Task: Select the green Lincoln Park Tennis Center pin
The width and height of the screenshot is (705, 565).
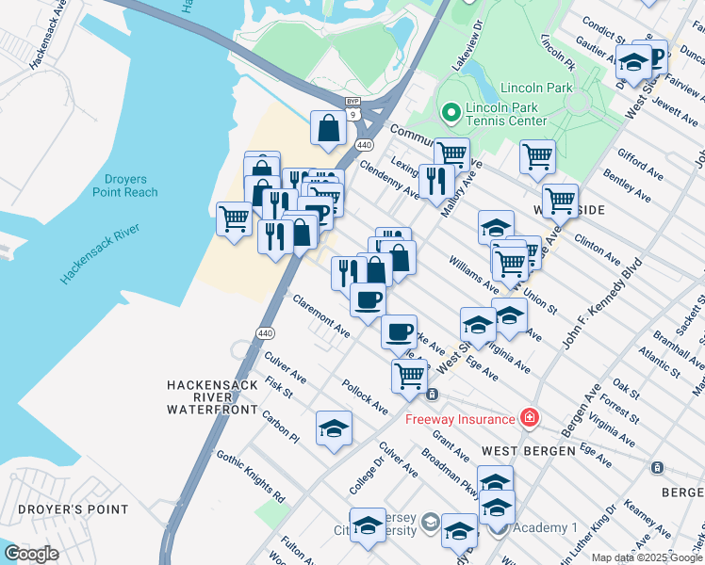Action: [451, 113]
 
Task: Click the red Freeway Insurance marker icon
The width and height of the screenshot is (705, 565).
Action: [530, 417]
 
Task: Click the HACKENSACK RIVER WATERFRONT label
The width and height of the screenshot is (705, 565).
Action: [212, 396]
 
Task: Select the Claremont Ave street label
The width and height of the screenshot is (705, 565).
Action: [321, 316]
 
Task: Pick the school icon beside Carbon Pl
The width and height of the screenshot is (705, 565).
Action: [334, 428]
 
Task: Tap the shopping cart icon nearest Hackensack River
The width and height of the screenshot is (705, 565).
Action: [235, 218]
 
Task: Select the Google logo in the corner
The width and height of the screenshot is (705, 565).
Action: [31, 554]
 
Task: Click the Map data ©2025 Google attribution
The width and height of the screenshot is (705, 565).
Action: [646, 557]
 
